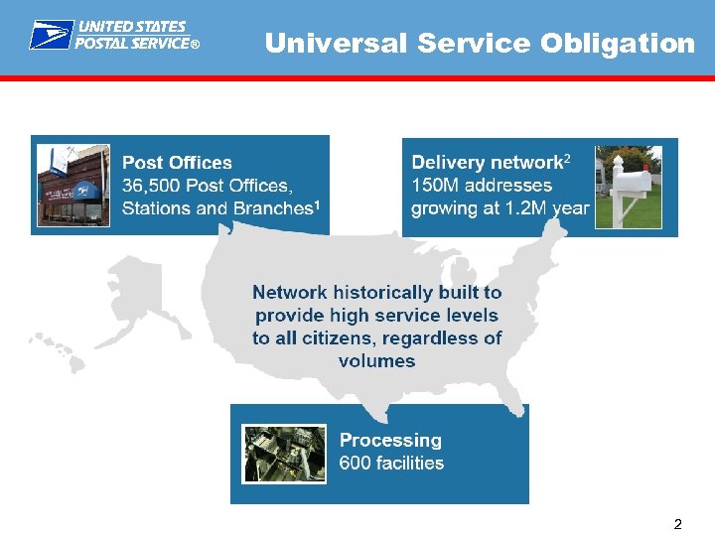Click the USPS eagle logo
click(x=50, y=36)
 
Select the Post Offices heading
click(x=177, y=163)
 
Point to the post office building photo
click(x=72, y=185)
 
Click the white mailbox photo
click(x=628, y=187)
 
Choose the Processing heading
click(x=390, y=440)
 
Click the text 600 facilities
click(x=391, y=463)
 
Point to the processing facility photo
click(x=284, y=454)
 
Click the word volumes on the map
click(x=376, y=361)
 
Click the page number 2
click(x=677, y=523)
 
